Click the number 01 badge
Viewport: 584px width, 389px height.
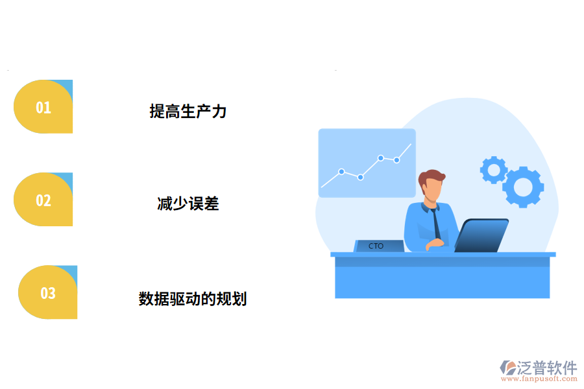43,107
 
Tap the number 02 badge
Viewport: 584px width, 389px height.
43,200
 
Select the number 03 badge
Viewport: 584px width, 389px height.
48,292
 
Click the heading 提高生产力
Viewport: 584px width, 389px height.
188,111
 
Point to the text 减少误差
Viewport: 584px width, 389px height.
188,204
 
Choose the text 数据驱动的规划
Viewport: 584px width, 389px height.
193,299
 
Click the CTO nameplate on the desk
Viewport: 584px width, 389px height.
377,246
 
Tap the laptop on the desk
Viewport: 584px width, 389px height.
481,235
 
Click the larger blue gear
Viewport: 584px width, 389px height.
523,187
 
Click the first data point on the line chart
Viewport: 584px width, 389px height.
341,172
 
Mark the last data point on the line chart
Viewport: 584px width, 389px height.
396,159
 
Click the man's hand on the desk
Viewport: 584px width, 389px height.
435,244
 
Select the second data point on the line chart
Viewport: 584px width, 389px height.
360,177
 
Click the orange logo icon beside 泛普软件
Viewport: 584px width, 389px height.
507,368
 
